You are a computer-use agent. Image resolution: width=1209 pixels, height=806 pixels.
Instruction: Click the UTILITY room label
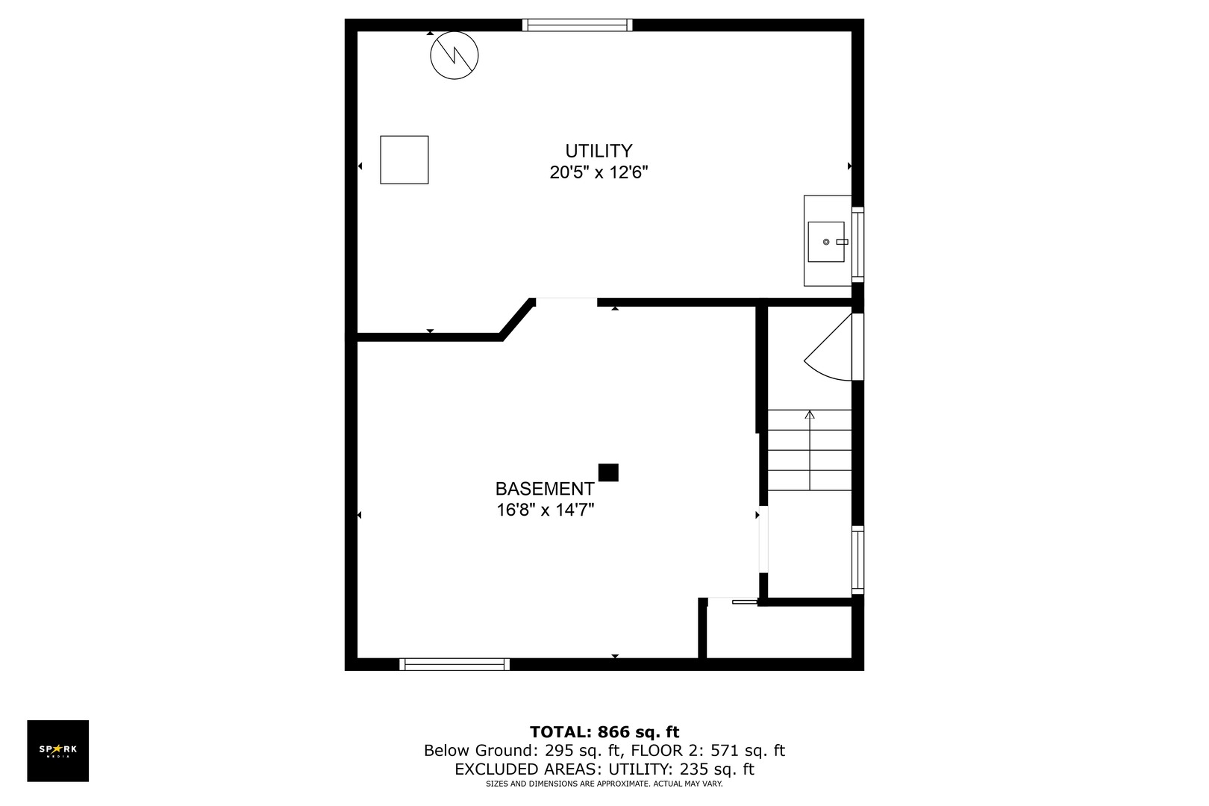(599, 151)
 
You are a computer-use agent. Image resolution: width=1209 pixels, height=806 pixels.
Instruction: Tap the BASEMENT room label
(545, 489)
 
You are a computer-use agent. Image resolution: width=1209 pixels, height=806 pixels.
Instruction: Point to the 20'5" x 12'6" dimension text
(599, 173)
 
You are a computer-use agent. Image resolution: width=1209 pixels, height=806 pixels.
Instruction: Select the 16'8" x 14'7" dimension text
(545, 510)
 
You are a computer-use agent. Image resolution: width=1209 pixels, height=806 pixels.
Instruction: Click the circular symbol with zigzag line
(454, 56)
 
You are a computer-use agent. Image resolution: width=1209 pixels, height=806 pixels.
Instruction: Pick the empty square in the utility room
(404, 160)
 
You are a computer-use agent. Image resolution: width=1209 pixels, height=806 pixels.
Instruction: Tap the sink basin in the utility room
(826, 242)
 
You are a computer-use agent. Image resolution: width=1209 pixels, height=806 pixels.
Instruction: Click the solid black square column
(608, 472)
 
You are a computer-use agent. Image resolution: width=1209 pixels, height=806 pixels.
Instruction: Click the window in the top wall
(578, 25)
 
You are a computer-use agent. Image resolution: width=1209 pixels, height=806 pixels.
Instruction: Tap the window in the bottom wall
(454, 664)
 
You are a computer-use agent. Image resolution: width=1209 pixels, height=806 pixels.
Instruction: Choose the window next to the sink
(858, 245)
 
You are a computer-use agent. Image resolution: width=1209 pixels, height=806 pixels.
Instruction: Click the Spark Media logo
(58, 751)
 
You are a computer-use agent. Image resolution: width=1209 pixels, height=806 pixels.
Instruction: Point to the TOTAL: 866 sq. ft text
(604, 732)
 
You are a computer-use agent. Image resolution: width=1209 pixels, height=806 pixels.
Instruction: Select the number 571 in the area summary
(725, 751)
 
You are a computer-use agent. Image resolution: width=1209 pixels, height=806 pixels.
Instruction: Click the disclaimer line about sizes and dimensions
(604, 784)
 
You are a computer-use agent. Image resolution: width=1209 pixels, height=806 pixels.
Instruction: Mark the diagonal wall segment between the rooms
(518, 319)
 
